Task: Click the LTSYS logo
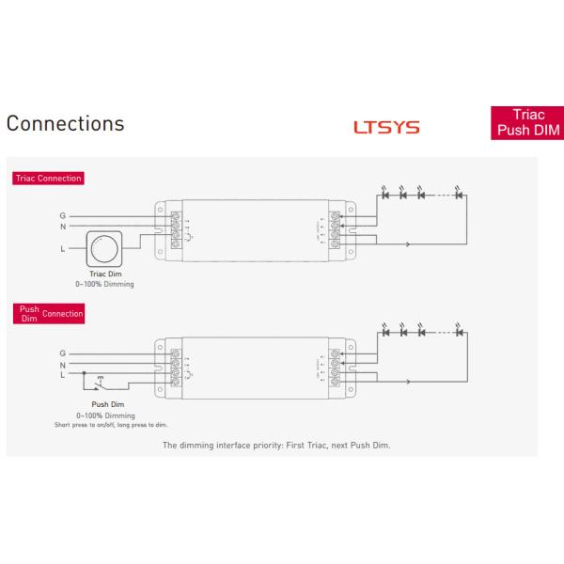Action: click(386, 127)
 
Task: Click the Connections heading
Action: click(65, 124)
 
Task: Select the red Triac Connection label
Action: click(48, 178)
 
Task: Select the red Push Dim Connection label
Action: click(48, 313)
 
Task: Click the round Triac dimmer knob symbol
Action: click(104, 250)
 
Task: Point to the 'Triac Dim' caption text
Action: click(105, 275)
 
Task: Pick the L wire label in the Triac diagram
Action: click(63, 249)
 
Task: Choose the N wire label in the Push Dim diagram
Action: click(63, 365)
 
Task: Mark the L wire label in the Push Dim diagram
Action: click(63, 374)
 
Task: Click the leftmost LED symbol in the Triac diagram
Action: click(386, 196)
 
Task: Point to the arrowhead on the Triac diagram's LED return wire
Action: click(407, 244)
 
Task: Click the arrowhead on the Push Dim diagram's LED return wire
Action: click(407, 382)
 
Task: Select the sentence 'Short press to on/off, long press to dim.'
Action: click(105, 423)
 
